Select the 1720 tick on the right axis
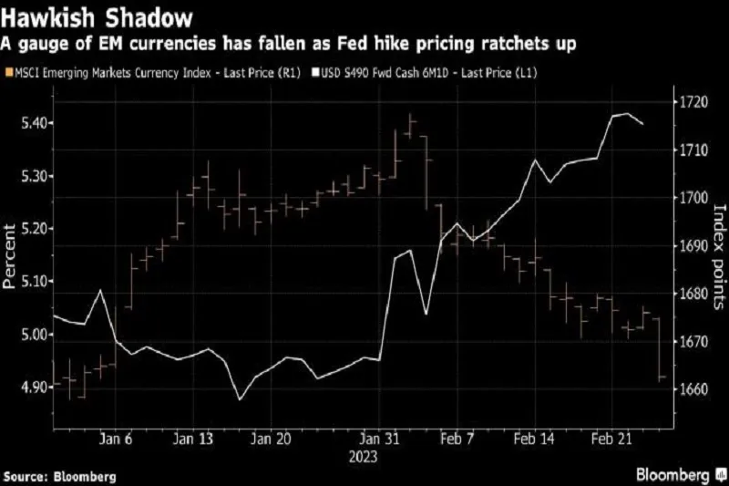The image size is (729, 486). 693,102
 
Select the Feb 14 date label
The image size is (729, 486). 535,439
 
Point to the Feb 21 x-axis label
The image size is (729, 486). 614,439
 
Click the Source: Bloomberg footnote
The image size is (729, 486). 60,476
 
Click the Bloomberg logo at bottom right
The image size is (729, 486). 675,475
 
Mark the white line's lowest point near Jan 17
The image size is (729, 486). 240,398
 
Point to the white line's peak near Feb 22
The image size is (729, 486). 627,114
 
